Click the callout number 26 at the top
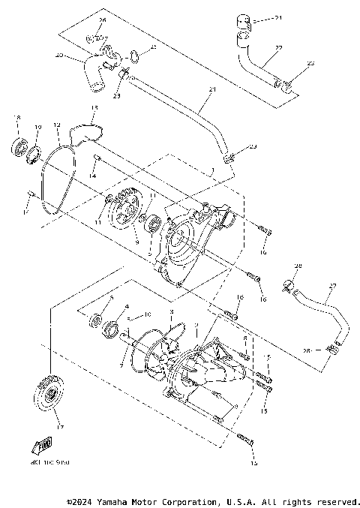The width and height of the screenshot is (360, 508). pos(103,20)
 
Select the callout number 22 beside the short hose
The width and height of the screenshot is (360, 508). pos(278,48)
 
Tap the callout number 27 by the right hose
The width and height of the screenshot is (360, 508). pos(312,285)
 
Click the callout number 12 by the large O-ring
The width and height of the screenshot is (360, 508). pos(56,124)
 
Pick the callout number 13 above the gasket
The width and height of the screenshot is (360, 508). pos(94,108)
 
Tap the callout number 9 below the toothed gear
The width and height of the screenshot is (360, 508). pos(136,242)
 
